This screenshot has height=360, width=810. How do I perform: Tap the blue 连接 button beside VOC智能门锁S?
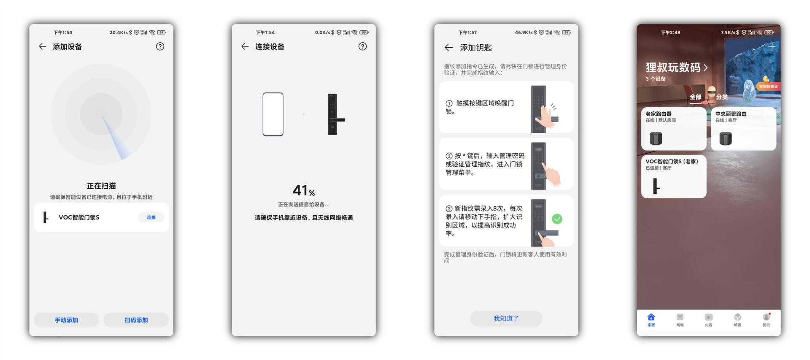coord(151,217)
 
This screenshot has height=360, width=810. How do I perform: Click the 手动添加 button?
coord(66,320)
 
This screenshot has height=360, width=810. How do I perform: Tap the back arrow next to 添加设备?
coord(42,46)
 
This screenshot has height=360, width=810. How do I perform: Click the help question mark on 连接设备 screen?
coord(362,46)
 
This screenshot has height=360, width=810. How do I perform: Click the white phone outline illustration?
coord(273,114)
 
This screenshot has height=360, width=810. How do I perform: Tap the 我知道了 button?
coord(506,318)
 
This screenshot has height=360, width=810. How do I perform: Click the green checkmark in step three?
coord(557,219)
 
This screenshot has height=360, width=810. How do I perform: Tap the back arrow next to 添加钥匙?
coord(448,48)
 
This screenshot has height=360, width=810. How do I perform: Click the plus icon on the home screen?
coord(772,46)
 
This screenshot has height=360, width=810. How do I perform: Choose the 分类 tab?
coord(722,97)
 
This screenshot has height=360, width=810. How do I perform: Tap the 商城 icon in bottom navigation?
coord(680,319)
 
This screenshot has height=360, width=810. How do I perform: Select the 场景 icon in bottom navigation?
coord(737,319)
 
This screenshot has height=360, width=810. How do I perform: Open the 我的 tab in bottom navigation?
coord(766,319)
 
